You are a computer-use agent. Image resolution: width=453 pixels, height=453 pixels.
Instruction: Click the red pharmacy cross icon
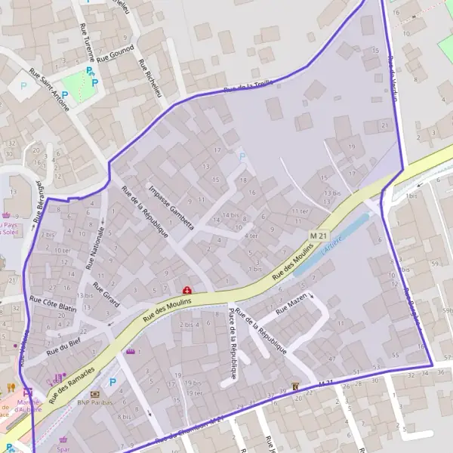pyautogui.click(x=186, y=290)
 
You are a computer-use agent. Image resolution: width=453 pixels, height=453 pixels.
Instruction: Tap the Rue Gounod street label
pyautogui.click(x=116, y=52)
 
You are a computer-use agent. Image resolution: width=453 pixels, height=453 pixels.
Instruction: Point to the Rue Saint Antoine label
pyautogui.click(x=49, y=91)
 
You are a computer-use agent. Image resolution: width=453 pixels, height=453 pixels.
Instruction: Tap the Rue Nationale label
pyautogui.click(x=94, y=247)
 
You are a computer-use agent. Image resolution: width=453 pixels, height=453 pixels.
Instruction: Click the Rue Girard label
pyautogui.click(x=106, y=294)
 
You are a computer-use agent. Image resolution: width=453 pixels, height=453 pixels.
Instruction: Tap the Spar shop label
pyautogui.click(x=63, y=448)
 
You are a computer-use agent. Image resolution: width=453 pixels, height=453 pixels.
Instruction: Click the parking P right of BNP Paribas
pyautogui.click(x=113, y=383)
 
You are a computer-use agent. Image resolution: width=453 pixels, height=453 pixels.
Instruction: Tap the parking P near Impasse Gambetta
pyautogui.click(x=242, y=157)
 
